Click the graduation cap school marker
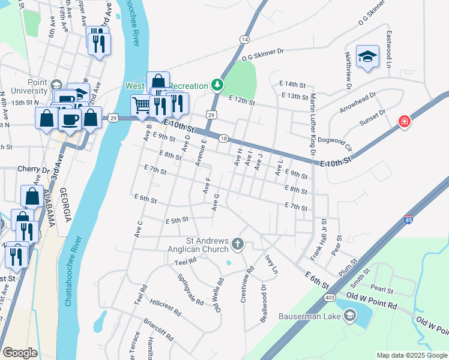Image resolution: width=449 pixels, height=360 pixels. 367,56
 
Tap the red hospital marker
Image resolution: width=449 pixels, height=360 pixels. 405,122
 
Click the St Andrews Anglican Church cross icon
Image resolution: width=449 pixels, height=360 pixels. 238,244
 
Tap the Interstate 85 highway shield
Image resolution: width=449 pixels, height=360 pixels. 409,220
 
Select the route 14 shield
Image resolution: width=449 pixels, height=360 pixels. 244,39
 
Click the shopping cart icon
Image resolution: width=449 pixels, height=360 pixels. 141,105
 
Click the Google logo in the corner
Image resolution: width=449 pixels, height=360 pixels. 20,352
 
